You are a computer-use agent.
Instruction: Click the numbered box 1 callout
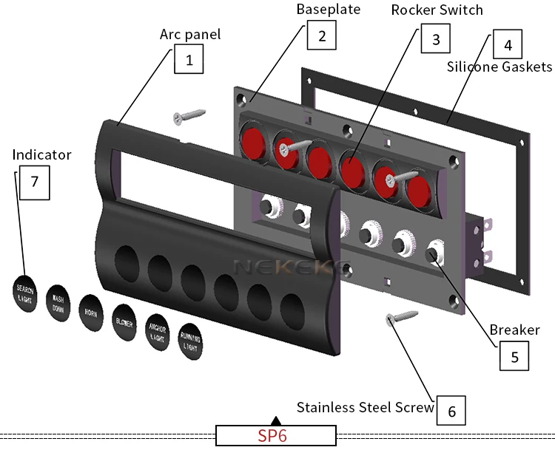pyautogui.click(x=189, y=59)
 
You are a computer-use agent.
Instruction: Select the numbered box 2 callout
pyautogui.click(x=321, y=35)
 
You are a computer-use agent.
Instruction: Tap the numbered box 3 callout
pyautogui.click(x=436, y=38)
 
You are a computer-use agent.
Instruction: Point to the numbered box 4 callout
pyautogui.click(x=507, y=44)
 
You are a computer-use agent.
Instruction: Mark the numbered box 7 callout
pyautogui.click(x=34, y=184)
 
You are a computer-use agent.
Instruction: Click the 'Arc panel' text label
pyautogui.click(x=190, y=35)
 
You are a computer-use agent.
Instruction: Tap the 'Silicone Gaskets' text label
pyautogui.click(x=499, y=67)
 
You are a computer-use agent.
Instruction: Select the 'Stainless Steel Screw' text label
pyautogui.click(x=365, y=407)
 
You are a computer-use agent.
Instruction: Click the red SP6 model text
pyautogui.click(x=272, y=436)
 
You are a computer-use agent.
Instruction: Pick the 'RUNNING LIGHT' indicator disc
pyautogui.click(x=190, y=341)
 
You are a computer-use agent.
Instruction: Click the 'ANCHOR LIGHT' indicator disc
pyautogui.click(x=157, y=330)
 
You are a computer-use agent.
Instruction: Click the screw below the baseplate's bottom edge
pyautogui.click(x=402, y=318)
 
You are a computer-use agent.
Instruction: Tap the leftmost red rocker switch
pyautogui.click(x=253, y=140)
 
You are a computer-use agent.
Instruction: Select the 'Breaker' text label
pyautogui.click(x=514, y=330)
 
